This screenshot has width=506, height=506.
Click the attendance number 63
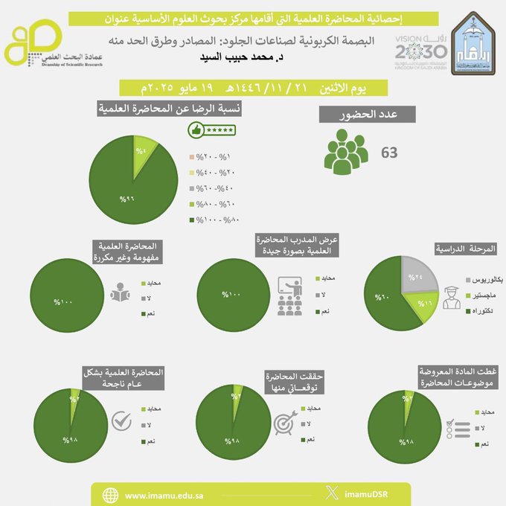point(389,153)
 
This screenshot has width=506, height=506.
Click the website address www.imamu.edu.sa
point(167,495)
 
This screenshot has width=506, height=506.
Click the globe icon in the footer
point(111,495)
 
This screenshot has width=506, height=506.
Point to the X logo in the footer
point(332,494)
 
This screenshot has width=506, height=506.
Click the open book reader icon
point(120,294)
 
